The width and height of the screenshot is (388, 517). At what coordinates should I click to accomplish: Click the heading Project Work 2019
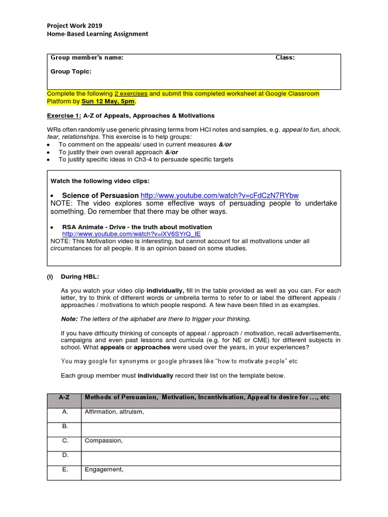pyautogui.click(x=75, y=25)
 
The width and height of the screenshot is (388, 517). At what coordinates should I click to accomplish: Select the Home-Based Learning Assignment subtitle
pyautogui.click(x=98, y=34)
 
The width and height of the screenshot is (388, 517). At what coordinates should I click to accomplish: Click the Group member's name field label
pyautogui.click(x=87, y=58)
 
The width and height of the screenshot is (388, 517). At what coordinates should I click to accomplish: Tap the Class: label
pyautogui.click(x=285, y=58)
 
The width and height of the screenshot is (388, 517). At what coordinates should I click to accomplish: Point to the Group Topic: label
pyautogui.click(x=71, y=72)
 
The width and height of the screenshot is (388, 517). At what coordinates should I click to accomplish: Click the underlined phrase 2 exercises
pyautogui.click(x=131, y=94)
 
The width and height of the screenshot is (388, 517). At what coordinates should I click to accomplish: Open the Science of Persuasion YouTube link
pyautogui.click(x=219, y=195)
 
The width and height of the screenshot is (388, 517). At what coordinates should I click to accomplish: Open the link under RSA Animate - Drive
pyautogui.click(x=131, y=234)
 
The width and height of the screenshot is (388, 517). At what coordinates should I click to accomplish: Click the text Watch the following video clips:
pyautogui.click(x=100, y=181)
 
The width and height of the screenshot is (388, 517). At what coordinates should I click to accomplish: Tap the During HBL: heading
pyautogui.click(x=80, y=277)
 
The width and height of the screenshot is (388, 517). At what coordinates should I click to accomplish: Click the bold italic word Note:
pyautogui.click(x=69, y=319)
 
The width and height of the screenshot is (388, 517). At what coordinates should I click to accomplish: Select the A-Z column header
pyautogui.click(x=64, y=398)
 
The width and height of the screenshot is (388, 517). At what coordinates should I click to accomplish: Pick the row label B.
pyautogui.click(x=65, y=427)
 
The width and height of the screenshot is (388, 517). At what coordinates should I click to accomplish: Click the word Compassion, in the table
pyautogui.click(x=104, y=441)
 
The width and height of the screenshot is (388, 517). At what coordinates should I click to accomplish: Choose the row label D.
pyautogui.click(x=65, y=455)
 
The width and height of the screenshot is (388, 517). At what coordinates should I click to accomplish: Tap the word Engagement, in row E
pyautogui.click(x=104, y=470)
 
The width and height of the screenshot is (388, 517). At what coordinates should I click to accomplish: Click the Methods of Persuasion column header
pyautogui.click(x=207, y=398)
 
